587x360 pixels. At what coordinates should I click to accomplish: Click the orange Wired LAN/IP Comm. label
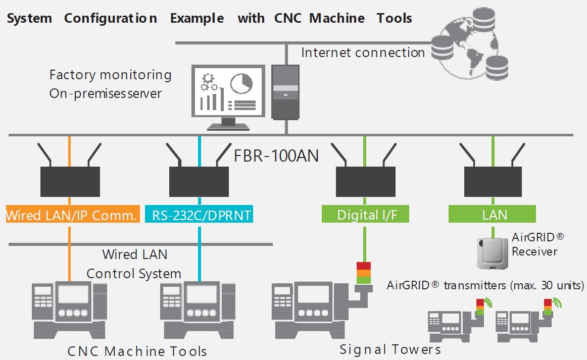coord(72,215)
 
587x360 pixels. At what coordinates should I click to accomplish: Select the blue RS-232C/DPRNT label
coord(199,215)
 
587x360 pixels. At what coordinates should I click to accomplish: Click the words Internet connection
coord(363,53)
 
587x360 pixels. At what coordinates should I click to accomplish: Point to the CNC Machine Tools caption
coord(137,351)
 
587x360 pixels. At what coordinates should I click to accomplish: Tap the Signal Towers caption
coord(390,349)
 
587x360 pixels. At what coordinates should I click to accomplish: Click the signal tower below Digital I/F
coord(363,273)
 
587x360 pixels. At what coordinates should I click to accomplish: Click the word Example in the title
coord(197,19)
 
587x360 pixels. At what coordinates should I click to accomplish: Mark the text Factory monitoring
coord(110,75)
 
